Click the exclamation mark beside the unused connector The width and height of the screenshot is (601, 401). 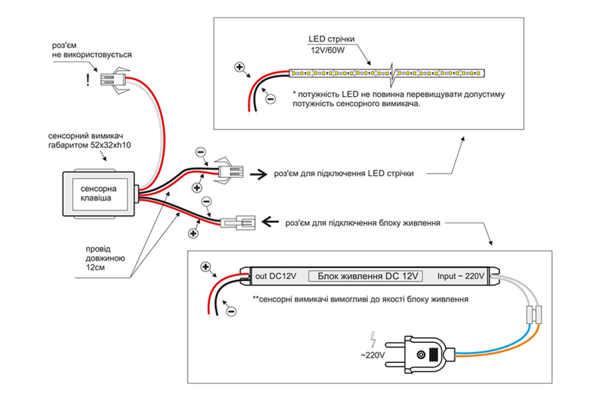click(88, 80)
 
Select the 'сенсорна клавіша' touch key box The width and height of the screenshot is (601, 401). click(99, 193)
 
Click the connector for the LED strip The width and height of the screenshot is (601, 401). click(230, 172)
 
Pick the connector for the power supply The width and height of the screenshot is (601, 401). click(238, 222)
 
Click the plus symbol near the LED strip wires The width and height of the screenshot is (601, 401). click(239, 67)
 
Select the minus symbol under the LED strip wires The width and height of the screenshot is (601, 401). click(270, 99)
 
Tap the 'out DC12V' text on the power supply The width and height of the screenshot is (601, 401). click(275, 276)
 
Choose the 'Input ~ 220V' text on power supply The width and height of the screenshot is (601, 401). click(461, 276)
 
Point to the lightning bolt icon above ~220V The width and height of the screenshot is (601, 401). click(373, 340)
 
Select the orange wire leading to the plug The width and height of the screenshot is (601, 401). click(511, 349)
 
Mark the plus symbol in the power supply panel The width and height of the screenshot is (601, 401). click(205, 267)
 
